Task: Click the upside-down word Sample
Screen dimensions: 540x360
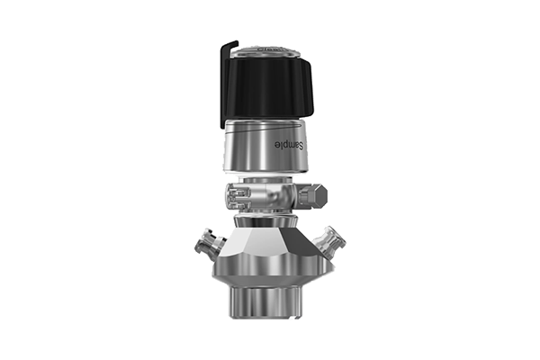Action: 290,145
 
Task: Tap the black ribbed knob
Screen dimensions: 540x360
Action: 268,87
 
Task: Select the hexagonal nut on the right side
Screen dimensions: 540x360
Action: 312,197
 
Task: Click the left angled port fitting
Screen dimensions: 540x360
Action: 209,245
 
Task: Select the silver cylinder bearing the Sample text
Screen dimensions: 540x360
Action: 265,146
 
